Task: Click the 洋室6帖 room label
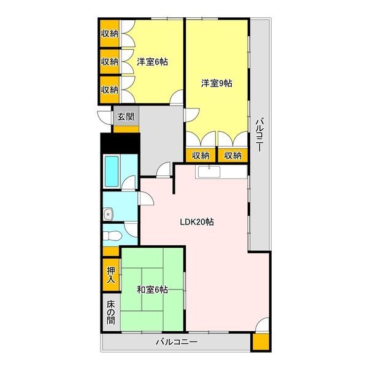[x=152, y=62]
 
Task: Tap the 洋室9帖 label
[x=217, y=83]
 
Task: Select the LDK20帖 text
[x=197, y=222]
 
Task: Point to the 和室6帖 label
[x=152, y=289]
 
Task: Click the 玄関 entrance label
[x=126, y=117]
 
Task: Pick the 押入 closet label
[x=111, y=275]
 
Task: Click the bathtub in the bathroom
[x=112, y=171]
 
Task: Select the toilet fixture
[x=112, y=236]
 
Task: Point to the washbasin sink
[x=108, y=214]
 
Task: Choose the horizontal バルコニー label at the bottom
[x=177, y=342]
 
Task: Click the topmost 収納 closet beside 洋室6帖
[x=110, y=34]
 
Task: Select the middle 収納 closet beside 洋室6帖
[x=110, y=61]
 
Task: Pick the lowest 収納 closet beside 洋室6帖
[x=110, y=90]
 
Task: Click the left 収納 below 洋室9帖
[x=201, y=155]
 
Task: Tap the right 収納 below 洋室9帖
[x=232, y=155]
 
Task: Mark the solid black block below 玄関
[x=120, y=143]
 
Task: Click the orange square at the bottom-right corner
[x=261, y=342]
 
